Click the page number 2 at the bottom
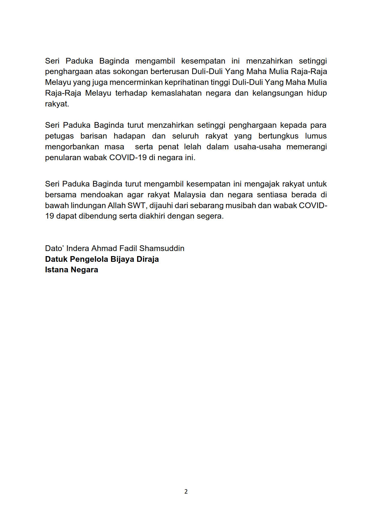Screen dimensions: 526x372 coord(186,492)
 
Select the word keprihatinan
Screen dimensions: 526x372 coord(187,82)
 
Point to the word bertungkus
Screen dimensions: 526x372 coord(278,136)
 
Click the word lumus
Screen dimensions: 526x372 coord(316,136)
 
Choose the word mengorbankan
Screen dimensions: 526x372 coord(72,147)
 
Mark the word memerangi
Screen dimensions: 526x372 coord(307,147)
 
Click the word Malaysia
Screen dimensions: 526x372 coord(190,195)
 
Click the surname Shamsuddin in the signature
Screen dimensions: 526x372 coord(162,248)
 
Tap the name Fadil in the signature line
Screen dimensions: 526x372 coord(128,248)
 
